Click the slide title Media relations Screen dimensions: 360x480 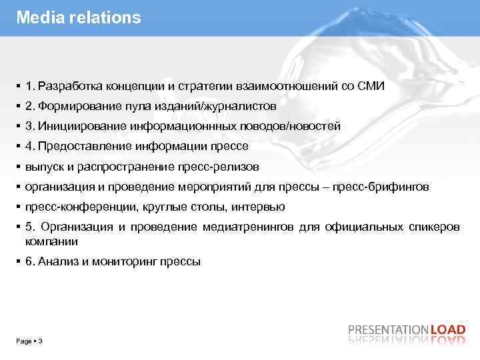click(x=79, y=18)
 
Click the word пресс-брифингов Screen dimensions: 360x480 click(x=387, y=187)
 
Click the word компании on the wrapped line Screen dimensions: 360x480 click(x=51, y=241)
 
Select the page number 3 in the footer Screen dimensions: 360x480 click(x=41, y=341)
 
